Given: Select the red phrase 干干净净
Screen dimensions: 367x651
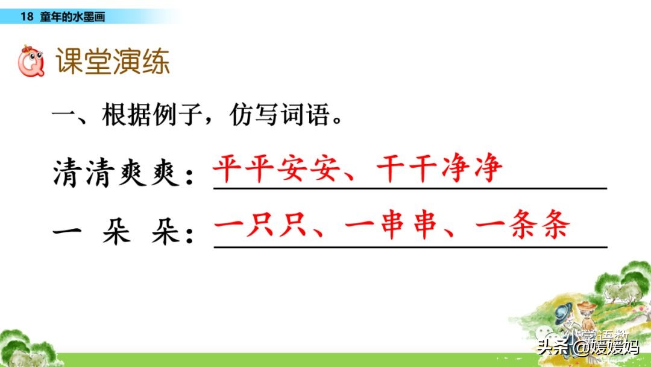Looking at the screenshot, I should (x=439, y=170).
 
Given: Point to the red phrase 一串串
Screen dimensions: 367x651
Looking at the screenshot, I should (x=390, y=228).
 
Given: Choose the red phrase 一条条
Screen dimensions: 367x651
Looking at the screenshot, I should (x=521, y=228).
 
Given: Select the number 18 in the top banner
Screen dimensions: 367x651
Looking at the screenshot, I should (x=26, y=17).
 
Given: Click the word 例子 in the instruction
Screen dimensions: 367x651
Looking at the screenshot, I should (x=181, y=115).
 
